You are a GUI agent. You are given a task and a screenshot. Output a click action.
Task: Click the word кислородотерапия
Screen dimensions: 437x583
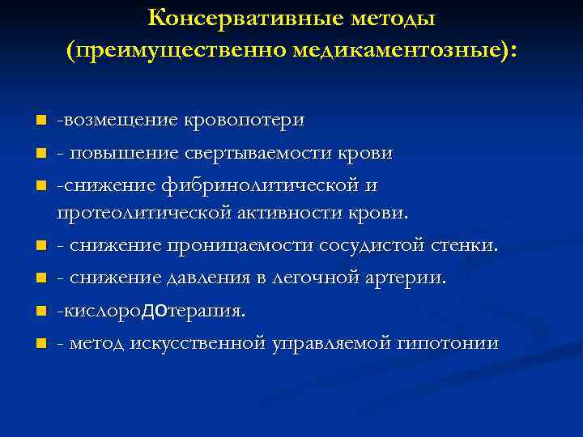(x=150, y=311)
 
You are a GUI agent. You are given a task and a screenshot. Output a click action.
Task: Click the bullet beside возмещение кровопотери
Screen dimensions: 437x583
(x=40, y=121)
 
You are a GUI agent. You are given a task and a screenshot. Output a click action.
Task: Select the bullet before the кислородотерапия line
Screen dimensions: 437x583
(x=40, y=312)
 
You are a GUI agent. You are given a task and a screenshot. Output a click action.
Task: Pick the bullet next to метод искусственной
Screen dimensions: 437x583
(x=40, y=344)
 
